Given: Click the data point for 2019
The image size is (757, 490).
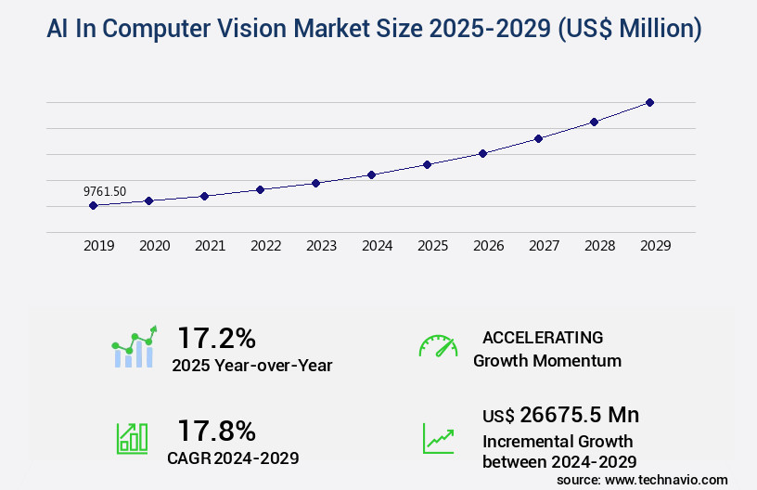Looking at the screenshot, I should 93,205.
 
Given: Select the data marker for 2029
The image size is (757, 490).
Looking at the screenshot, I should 649,102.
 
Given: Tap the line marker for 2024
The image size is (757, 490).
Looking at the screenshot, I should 371,174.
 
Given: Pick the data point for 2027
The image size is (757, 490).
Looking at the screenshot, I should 538,138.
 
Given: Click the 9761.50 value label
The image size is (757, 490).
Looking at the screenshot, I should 105,191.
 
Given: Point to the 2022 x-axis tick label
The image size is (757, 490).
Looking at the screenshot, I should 265,246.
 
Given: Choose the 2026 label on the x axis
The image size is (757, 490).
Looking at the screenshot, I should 488,246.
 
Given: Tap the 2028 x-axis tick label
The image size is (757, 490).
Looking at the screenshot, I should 599,246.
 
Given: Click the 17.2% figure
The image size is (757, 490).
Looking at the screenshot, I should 216,337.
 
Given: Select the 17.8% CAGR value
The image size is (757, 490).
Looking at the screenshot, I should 216,430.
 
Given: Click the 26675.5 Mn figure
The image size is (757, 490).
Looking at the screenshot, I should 579,414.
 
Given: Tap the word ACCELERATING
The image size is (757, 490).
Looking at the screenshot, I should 543,337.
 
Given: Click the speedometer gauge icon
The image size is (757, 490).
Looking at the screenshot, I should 438,345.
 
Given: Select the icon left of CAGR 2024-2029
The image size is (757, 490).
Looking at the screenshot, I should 132,438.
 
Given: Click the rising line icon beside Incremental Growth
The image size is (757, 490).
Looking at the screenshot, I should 438,438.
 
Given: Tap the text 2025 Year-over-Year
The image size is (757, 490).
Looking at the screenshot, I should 251,365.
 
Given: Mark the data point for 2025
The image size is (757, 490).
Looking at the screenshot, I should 427,164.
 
